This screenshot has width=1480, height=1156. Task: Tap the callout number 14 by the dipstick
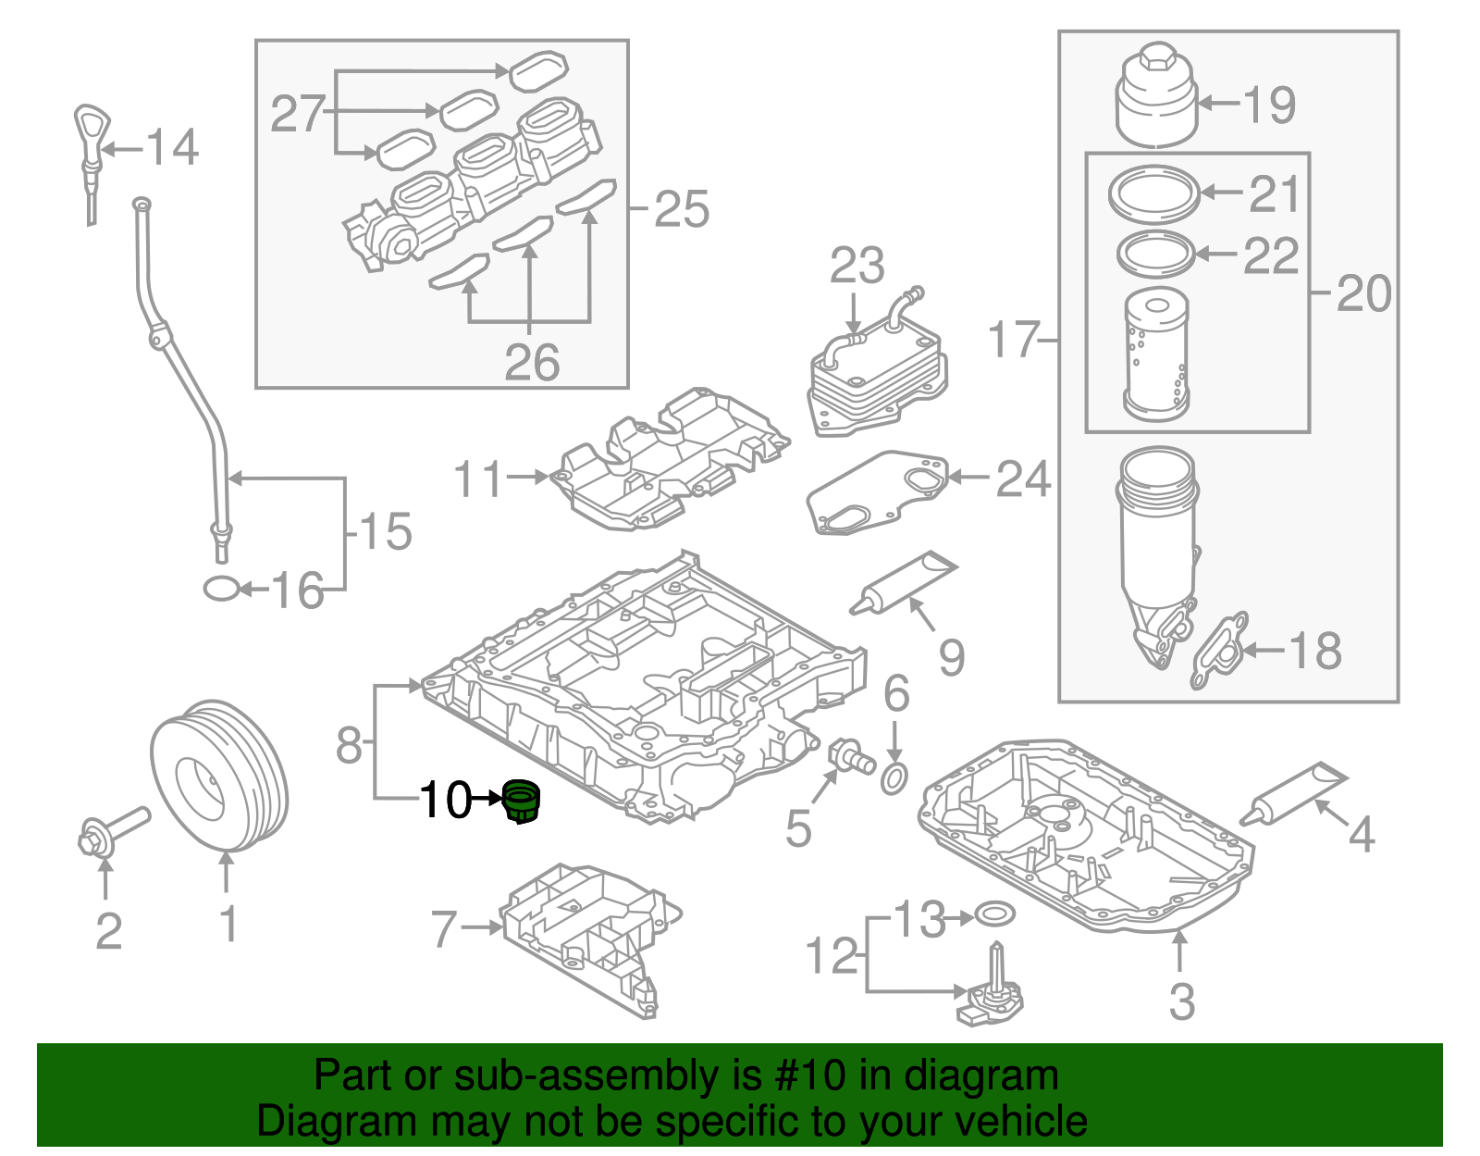coord(173,148)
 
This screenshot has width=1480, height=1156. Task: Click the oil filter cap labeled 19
coord(1156,100)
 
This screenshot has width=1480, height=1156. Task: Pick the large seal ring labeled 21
coord(1153,193)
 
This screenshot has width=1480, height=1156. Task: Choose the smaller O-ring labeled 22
coord(1155,254)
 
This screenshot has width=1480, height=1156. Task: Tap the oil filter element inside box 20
coord(1155,354)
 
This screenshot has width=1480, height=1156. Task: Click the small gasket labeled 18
coord(1220,651)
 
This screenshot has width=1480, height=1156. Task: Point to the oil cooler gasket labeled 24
coord(876,493)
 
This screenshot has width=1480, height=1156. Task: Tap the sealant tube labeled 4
coord(1293,794)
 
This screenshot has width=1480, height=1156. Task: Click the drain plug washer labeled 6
coord(894,779)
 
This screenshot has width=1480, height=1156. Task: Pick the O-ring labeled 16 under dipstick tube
coord(221,589)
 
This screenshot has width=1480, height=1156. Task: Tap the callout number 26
coord(532,362)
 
